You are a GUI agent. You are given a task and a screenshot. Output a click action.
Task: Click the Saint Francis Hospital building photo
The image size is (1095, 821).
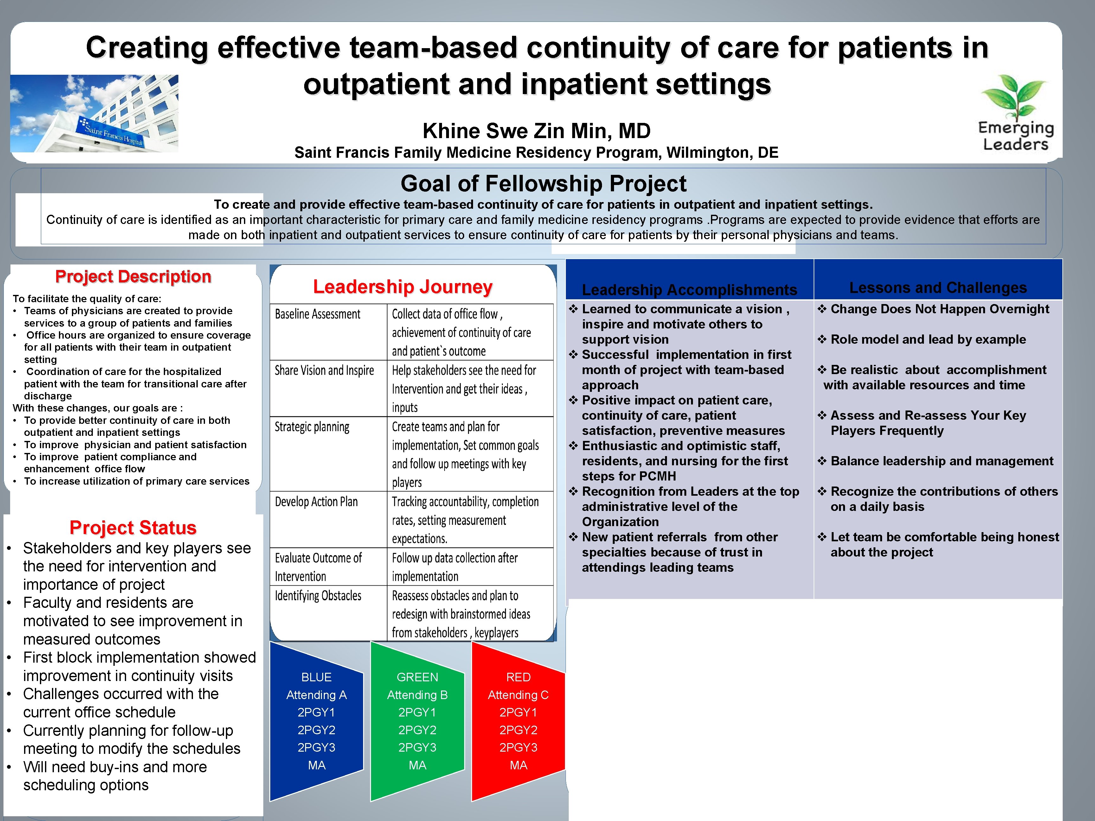pyautogui.click(x=94, y=113)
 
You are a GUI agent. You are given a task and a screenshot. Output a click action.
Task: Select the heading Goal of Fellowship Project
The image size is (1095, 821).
pyautogui.click(x=543, y=184)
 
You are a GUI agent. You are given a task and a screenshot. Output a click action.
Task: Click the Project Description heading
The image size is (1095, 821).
pyautogui.click(x=133, y=277)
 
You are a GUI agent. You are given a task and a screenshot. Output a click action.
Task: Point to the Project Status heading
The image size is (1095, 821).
pyautogui.click(x=133, y=528)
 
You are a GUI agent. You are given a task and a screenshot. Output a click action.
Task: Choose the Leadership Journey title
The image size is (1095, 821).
pyautogui.click(x=402, y=287)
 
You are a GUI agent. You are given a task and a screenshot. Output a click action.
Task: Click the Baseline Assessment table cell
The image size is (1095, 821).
pyautogui.click(x=318, y=314)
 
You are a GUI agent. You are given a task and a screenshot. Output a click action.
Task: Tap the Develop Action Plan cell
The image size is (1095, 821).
pyautogui.click(x=316, y=502)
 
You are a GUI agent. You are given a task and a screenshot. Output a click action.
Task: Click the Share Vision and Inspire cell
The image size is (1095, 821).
pyautogui.click(x=324, y=371)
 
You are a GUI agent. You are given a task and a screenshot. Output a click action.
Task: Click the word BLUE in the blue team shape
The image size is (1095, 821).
pyautogui.click(x=316, y=677)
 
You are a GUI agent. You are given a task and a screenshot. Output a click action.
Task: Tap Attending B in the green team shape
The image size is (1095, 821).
pyautogui.click(x=417, y=695)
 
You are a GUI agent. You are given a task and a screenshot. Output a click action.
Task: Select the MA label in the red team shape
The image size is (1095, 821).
pyautogui.click(x=518, y=765)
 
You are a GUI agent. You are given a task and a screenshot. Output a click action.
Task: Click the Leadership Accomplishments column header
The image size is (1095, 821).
pyautogui.click(x=689, y=290)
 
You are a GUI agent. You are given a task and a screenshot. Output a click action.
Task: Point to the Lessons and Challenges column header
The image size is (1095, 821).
pyautogui.click(x=938, y=288)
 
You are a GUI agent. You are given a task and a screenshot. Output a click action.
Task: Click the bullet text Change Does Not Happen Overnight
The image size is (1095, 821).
pyautogui.click(x=939, y=309)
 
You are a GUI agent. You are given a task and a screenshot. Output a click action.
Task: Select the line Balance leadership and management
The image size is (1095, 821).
pyautogui.click(x=942, y=461)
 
